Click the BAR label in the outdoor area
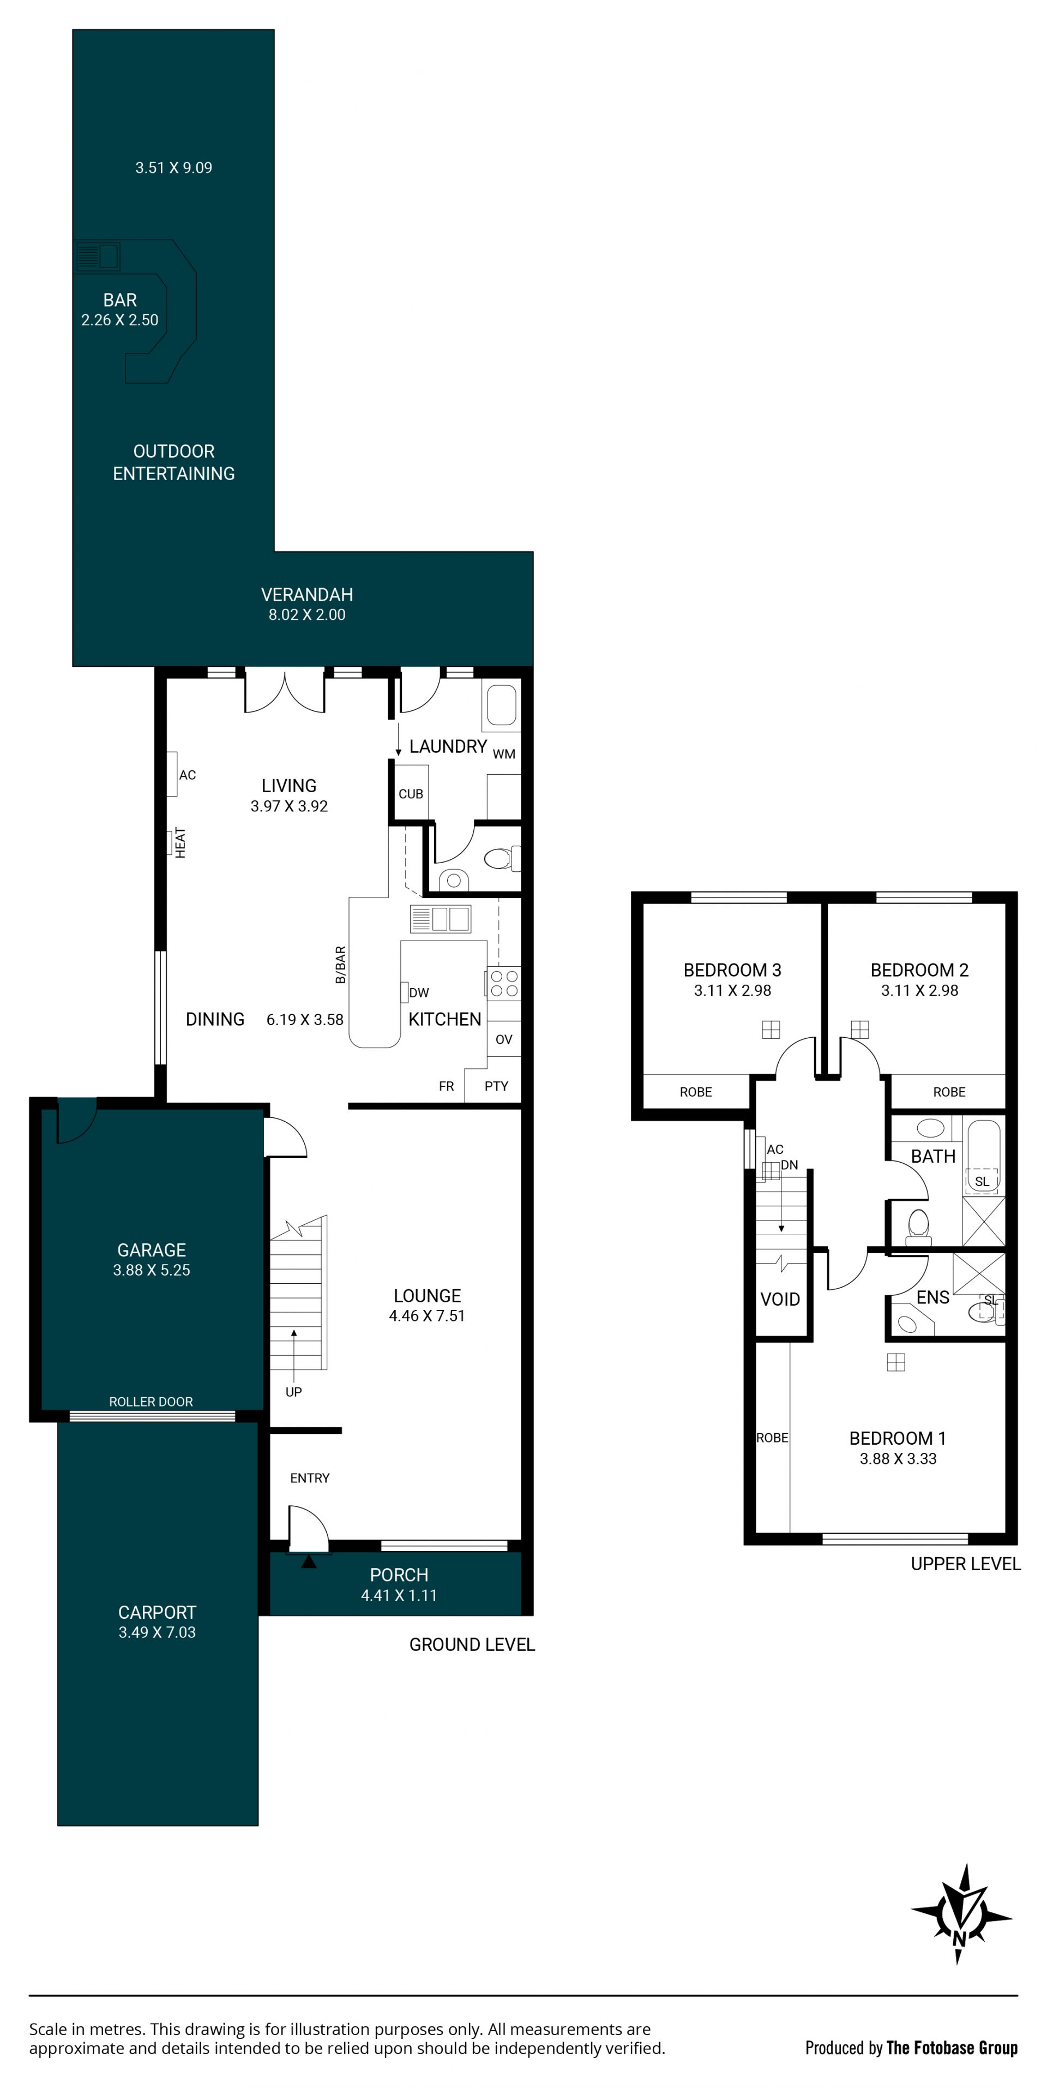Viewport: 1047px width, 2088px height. tap(120, 300)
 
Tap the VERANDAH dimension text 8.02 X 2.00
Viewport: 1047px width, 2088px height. tap(307, 614)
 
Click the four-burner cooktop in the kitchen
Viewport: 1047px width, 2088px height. tap(503, 983)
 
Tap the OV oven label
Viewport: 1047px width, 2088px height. tap(504, 1039)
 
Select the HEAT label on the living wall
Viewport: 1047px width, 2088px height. tap(180, 843)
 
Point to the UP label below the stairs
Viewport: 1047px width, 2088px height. tap(293, 1392)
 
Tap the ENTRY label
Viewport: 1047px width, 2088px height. tap(310, 1477)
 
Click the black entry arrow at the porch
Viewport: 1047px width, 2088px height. tap(309, 1561)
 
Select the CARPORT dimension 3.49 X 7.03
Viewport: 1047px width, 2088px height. tap(157, 1632)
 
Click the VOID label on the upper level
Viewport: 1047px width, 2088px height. tap(780, 1299)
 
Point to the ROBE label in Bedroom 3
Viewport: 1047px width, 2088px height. tap(696, 1092)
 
